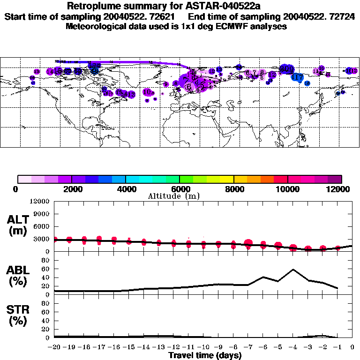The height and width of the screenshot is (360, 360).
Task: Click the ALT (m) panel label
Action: click(18, 225)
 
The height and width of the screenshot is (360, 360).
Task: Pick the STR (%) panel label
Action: click(18, 315)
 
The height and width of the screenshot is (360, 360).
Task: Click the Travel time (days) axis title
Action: click(205, 356)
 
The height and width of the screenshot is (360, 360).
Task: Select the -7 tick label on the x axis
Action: click(248, 347)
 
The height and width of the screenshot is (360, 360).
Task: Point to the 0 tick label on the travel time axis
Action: click(353, 347)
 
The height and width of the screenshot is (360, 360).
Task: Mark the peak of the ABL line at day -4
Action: click(293, 270)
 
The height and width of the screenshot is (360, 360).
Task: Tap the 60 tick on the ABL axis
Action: click(47, 270)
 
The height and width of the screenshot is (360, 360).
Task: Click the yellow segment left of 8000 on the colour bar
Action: click(227, 179)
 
